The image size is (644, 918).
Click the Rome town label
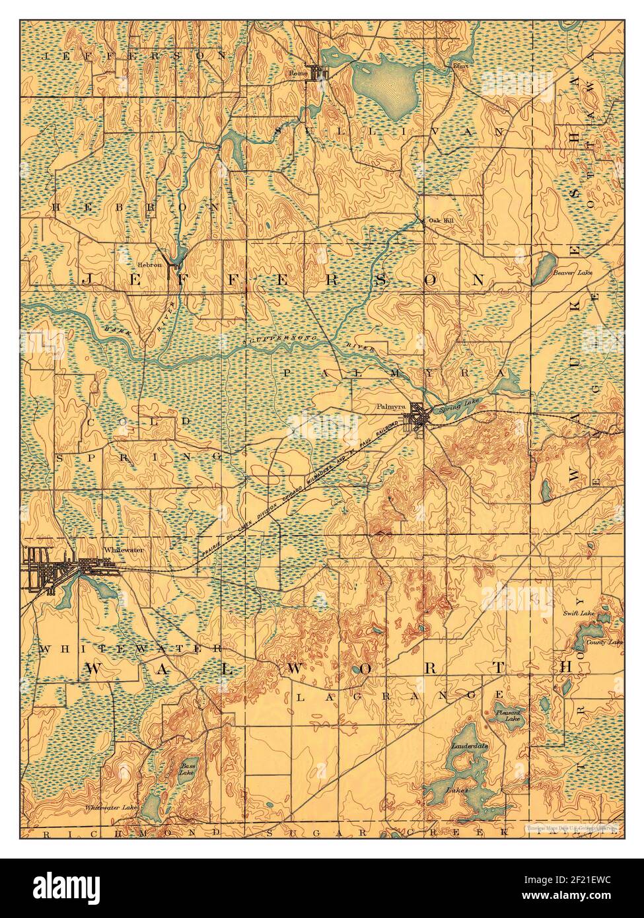[x=299, y=74]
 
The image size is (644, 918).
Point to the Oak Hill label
[x=440, y=220]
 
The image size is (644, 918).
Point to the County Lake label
[x=605, y=641]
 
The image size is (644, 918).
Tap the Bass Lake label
[x=187, y=769]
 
